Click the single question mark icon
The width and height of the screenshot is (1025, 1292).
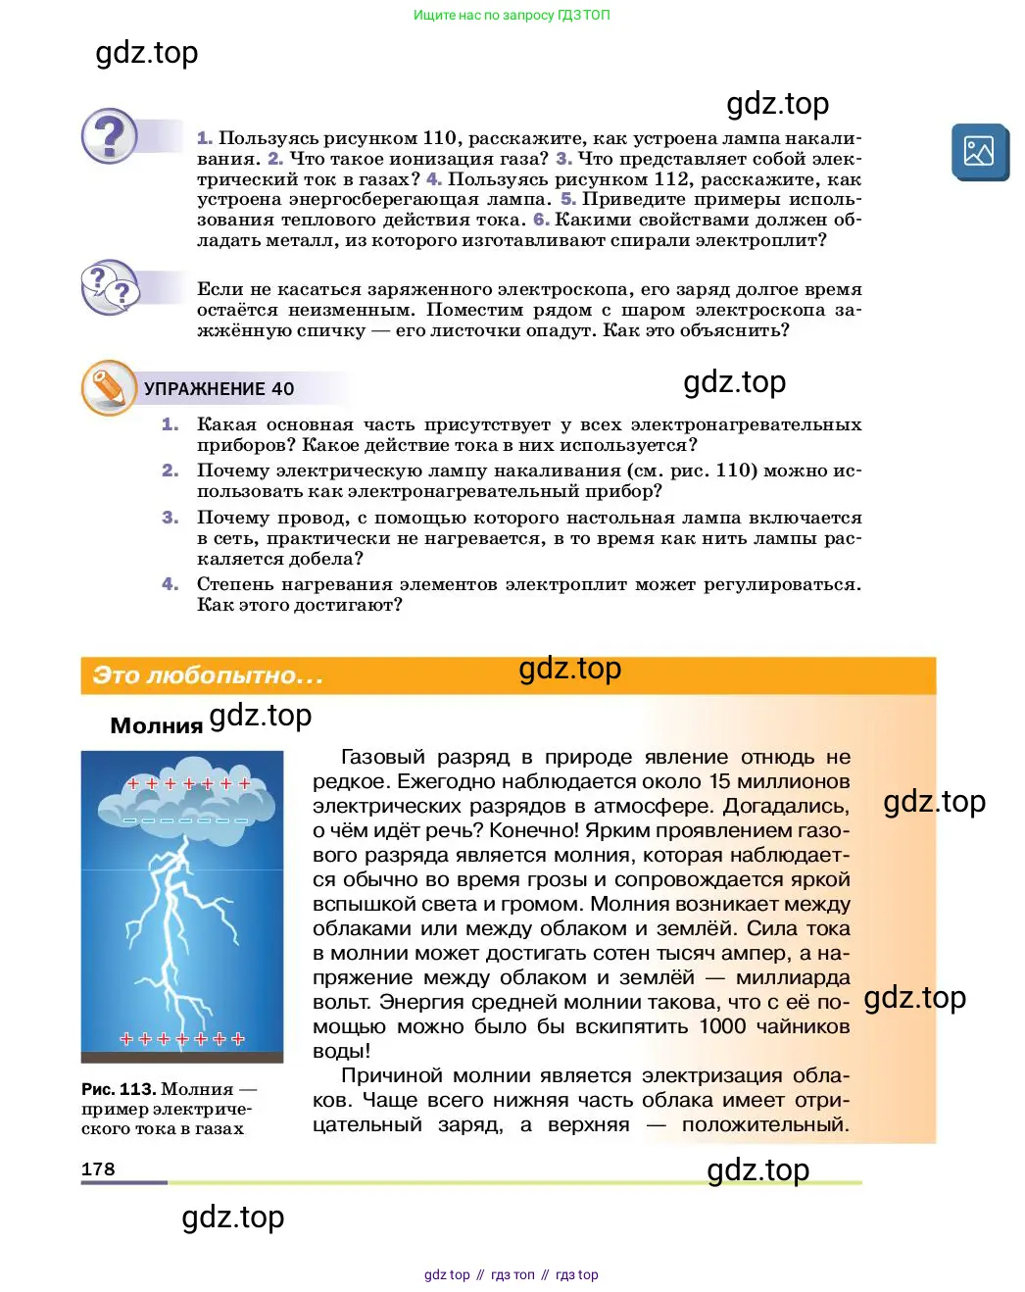[110, 135]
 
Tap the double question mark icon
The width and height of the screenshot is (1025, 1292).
[110, 287]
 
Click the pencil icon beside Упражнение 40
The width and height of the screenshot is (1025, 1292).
[108, 387]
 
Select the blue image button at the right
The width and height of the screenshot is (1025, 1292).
[979, 152]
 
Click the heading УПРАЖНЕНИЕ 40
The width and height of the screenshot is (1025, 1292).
[219, 389]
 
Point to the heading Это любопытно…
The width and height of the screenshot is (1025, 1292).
[208, 675]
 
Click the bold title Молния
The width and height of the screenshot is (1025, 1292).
[156, 726]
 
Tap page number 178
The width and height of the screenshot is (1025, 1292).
[98, 1168]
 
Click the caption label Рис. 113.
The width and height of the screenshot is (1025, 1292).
[119, 1089]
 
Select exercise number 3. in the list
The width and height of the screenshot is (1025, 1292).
[171, 518]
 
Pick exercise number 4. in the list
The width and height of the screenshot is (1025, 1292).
[171, 584]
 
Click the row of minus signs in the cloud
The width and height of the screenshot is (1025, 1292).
[185, 820]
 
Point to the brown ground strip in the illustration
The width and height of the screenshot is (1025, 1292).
[182, 1057]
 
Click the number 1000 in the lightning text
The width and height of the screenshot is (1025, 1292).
[722, 1026]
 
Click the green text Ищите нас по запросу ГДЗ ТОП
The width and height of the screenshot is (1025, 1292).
[512, 15]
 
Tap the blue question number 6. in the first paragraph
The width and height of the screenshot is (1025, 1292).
[541, 220]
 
